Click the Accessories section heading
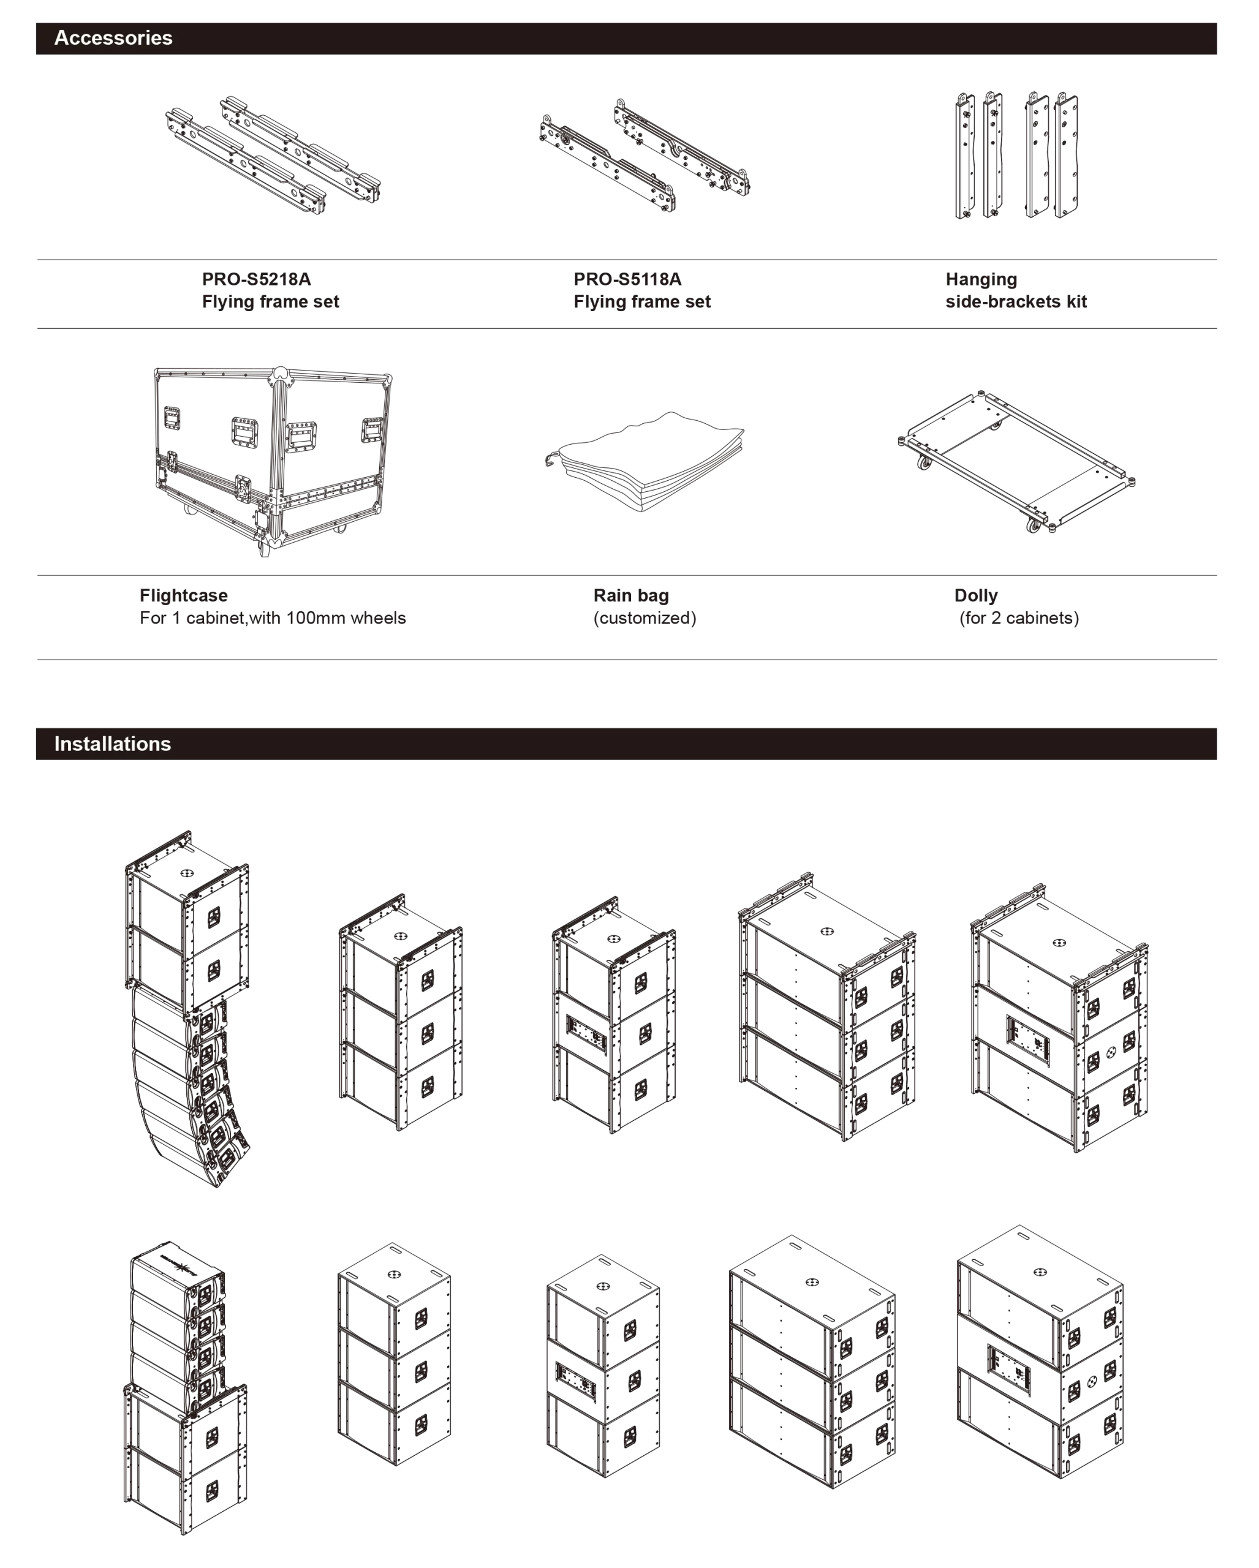[x=113, y=38]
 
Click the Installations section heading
[x=112, y=744]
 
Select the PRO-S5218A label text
[x=256, y=279]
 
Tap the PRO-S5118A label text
[x=627, y=279]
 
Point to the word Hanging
[x=981, y=280]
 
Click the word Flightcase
[x=183, y=595]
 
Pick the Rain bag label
[x=630, y=595]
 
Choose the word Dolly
[x=975, y=595]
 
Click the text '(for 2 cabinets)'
[x=1019, y=618]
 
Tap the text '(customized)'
[x=645, y=618]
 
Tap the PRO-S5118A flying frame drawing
[x=645, y=155]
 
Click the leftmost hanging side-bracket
[x=964, y=156]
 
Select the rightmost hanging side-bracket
[x=1066, y=155]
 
